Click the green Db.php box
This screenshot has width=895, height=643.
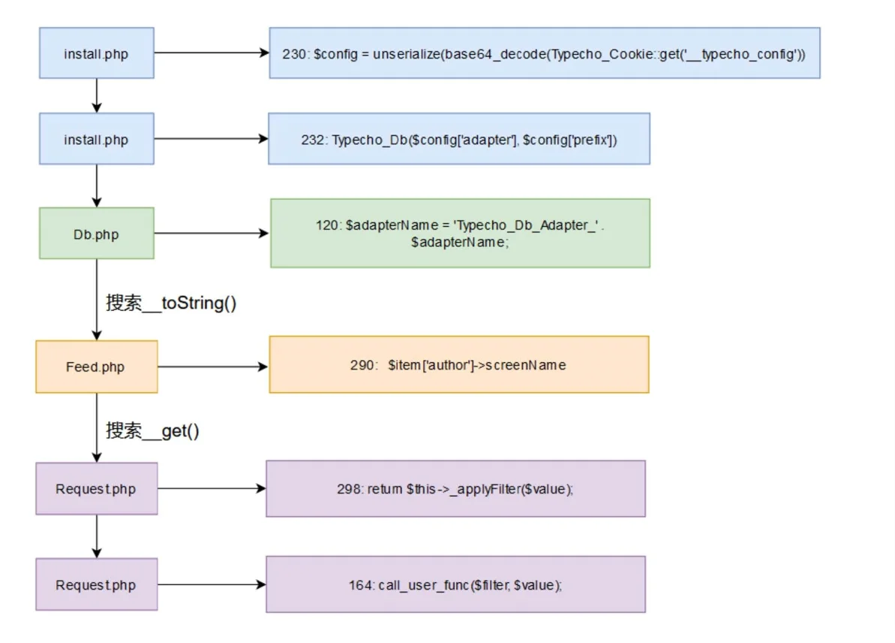pyautogui.click(x=97, y=233)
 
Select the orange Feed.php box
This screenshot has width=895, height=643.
pyautogui.click(x=97, y=367)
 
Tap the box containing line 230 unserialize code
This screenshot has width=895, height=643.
pyautogui.click(x=545, y=53)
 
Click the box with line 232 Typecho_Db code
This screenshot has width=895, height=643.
pyautogui.click(x=459, y=139)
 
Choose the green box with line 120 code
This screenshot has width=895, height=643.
pyautogui.click(x=460, y=233)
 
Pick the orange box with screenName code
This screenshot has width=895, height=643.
pyautogui.click(x=459, y=364)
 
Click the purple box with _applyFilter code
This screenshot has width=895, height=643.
pyautogui.click(x=455, y=489)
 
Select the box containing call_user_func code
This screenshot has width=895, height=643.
pyautogui.click(x=455, y=584)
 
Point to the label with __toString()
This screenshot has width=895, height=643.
pyautogui.click(x=170, y=303)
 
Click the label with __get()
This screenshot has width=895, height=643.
pyautogui.click(x=152, y=430)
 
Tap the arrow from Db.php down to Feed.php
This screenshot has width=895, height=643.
pyautogui.click(x=97, y=300)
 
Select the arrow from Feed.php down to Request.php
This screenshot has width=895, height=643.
pyautogui.click(x=97, y=427)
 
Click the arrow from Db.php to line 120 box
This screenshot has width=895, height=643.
pyautogui.click(x=212, y=233)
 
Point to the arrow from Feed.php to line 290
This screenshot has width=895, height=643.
pyautogui.click(x=213, y=367)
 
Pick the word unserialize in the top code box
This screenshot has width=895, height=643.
pyautogui.click(x=407, y=54)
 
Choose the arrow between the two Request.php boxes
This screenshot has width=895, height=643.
pyautogui.click(x=97, y=536)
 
